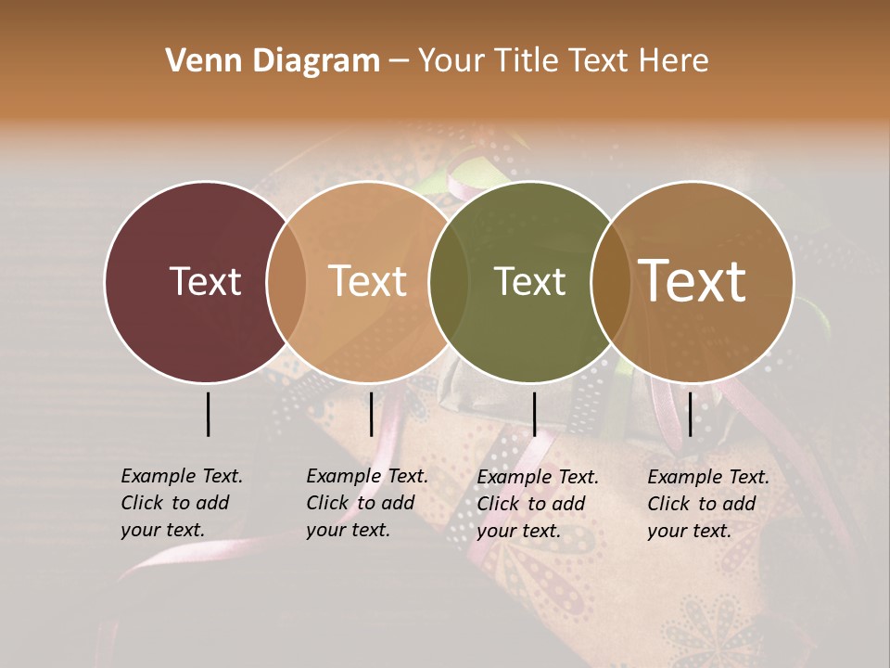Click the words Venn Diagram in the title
(x=273, y=61)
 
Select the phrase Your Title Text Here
(x=563, y=61)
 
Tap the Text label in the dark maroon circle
(x=205, y=281)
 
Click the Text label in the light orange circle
(x=368, y=281)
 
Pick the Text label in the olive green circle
(x=529, y=281)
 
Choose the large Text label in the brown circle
(x=693, y=280)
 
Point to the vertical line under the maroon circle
(x=209, y=414)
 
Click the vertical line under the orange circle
(x=371, y=414)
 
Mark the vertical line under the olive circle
(x=534, y=414)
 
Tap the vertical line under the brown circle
(x=690, y=414)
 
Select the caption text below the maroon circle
(x=182, y=503)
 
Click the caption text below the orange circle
(x=367, y=503)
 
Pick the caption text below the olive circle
(x=538, y=504)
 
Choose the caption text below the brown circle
(x=708, y=504)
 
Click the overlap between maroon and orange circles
(x=286, y=281)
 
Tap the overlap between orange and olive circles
(x=449, y=281)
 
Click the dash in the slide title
(x=399, y=62)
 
